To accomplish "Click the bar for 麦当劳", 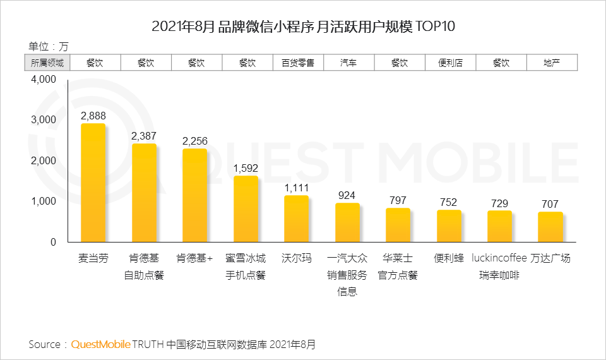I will [93, 183].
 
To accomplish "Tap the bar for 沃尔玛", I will [296, 219].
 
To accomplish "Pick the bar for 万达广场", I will [550, 227].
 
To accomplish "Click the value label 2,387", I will [144, 136].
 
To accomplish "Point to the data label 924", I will [347, 195].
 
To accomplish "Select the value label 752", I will [449, 202].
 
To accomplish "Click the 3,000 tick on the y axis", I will [44, 120].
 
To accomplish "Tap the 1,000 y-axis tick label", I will [44, 201].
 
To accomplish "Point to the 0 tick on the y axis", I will [53, 242].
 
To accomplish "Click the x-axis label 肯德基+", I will [194, 259].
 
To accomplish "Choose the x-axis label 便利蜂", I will [449, 259].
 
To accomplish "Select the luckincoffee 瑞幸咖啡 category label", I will [499, 267].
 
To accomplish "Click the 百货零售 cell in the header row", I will [298, 63].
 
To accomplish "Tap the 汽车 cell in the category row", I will [348, 63].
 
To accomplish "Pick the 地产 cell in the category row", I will [551, 63].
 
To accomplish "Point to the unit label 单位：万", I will [49, 46].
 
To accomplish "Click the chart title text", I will [303, 27].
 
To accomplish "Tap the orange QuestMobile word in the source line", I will [101, 344].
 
